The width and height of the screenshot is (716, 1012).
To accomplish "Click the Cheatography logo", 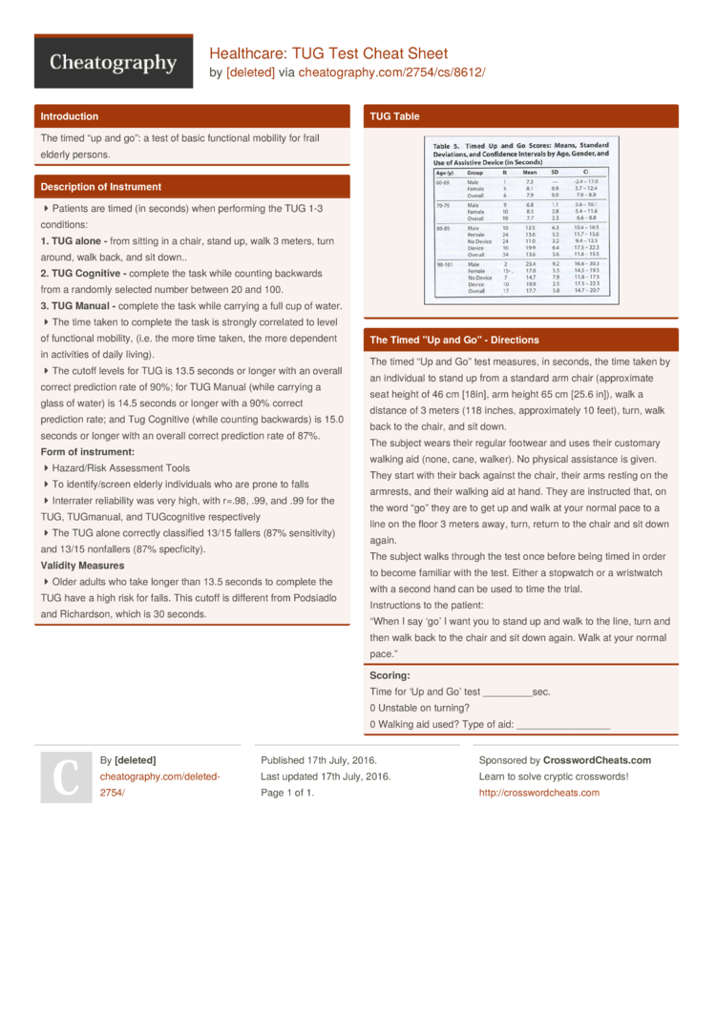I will pos(114,63).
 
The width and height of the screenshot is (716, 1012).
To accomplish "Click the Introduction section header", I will pos(69,116).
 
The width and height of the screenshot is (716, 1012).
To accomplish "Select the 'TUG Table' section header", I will pos(394,116).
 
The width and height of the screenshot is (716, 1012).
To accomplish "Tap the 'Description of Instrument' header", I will pos(100,187).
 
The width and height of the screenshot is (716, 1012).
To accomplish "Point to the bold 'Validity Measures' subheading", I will pos(81,565).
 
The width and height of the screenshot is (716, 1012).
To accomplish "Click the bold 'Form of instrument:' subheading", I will pos(87,451).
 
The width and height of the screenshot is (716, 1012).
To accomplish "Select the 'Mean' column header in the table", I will pos(530,173).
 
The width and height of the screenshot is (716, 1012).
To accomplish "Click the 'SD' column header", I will pos(556,173).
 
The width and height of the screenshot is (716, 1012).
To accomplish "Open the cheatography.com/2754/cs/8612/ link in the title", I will pos(391,72).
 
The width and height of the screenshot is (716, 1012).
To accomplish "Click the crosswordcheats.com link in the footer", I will pos(539,793).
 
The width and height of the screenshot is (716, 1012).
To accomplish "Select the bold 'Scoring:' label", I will pos(390,675).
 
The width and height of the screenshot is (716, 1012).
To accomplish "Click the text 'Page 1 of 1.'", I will pos(287,793).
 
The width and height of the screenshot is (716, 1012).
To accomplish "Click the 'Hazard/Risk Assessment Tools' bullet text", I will pos(120,468).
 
